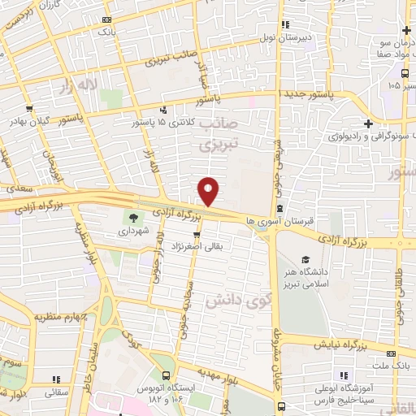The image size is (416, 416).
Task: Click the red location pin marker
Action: [x=210, y=190]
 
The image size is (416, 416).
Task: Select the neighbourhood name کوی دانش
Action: [x=227, y=300]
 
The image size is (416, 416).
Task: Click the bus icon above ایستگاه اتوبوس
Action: [x=165, y=376]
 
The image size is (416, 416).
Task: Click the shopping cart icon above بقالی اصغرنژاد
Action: [x=196, y=234]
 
